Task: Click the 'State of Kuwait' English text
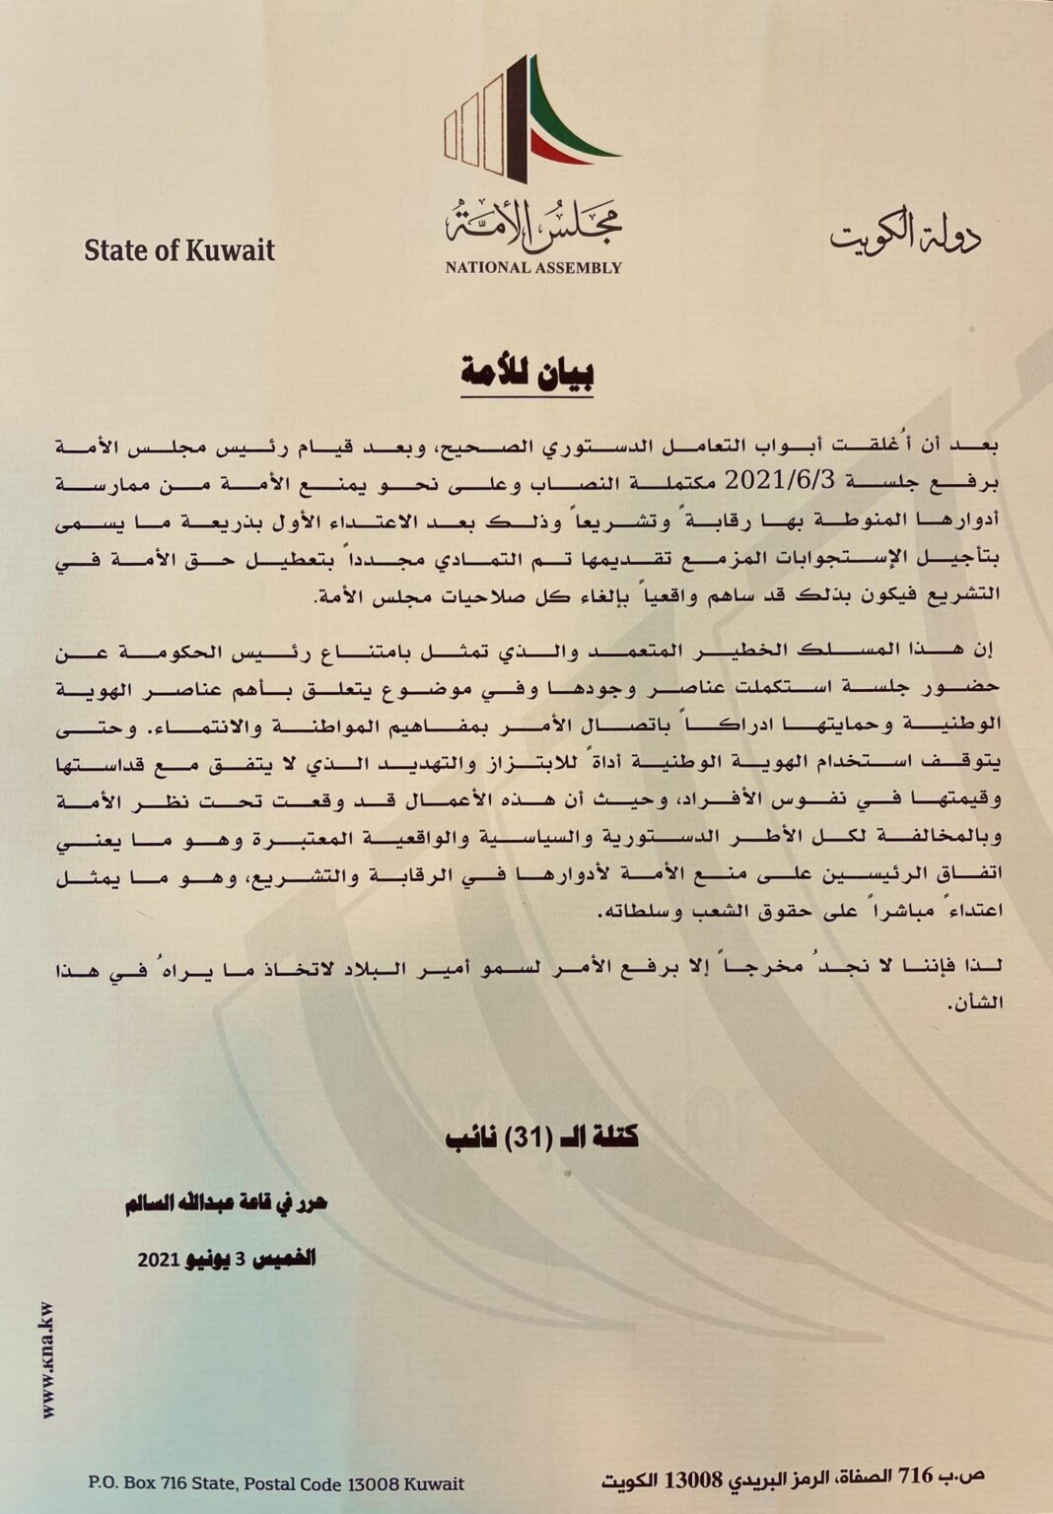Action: point(179,250)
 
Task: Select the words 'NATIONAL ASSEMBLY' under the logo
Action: point(532,267)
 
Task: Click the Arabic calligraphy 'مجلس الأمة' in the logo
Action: point(532,223)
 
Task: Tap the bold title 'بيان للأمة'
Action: point(527,374)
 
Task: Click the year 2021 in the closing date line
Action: point(157,1260)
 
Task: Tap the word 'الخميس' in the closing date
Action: point(285,1259)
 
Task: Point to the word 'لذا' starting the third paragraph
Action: point(987,971)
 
